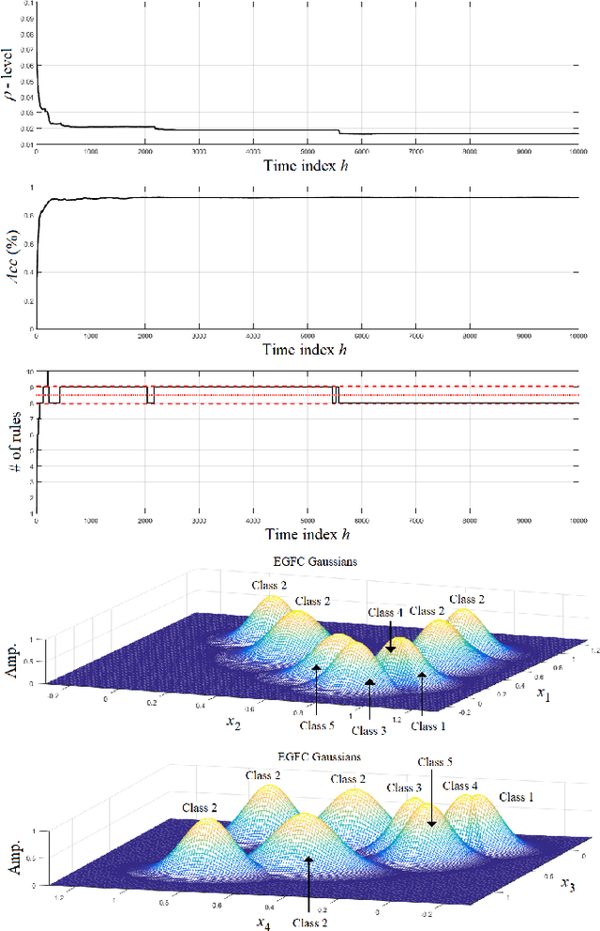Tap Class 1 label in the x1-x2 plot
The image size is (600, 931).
pos(428,725)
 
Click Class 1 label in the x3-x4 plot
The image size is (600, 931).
pos(517,797)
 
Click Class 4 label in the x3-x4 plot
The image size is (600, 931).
pos(460,786)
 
